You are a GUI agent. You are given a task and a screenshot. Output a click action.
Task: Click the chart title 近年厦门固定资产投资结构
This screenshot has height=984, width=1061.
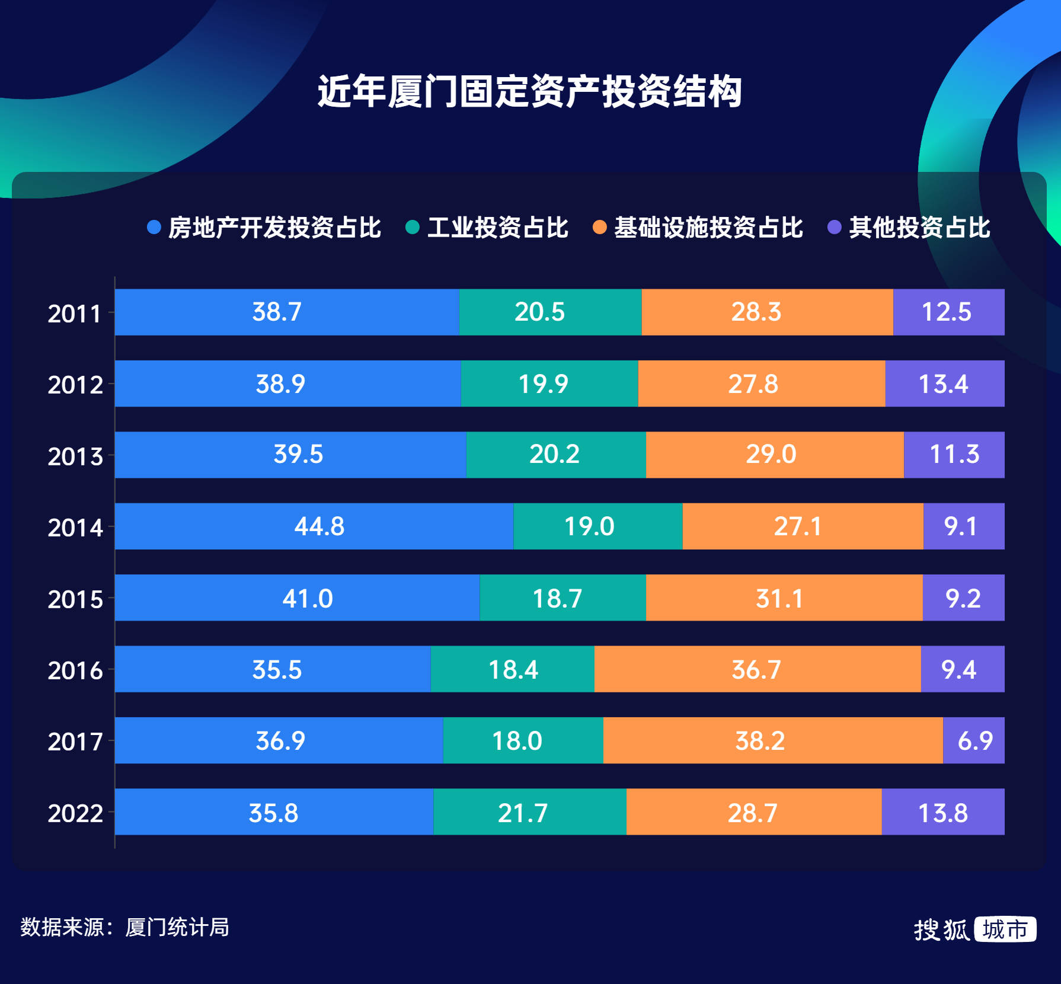click(529, 92)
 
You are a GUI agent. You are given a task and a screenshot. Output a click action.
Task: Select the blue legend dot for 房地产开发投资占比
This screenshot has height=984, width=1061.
click(154, 228)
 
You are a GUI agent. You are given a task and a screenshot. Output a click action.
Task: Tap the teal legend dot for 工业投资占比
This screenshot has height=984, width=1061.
click(413, 228)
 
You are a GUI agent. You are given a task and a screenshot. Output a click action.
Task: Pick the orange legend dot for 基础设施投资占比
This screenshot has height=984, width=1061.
click(599, 228)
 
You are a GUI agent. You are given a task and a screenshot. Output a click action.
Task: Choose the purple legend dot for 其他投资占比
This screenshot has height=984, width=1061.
click(834, 228)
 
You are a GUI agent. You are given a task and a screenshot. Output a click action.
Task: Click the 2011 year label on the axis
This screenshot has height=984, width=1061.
click(75, 314)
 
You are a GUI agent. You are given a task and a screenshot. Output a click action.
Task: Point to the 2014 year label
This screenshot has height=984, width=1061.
click(75, 528)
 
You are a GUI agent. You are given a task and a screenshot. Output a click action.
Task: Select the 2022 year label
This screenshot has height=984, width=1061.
click(75, 813)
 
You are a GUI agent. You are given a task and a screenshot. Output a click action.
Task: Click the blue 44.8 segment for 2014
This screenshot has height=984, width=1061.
click(314, 526)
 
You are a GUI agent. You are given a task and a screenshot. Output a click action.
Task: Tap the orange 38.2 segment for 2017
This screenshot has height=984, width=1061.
click(772, 740)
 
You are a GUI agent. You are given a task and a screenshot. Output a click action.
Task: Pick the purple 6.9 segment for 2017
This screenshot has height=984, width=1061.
click(974, 740)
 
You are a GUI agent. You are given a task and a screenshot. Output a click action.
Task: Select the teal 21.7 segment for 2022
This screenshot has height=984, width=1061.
click(529, 812)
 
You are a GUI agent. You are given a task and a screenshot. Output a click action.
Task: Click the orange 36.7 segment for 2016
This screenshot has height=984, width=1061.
click(757, 669)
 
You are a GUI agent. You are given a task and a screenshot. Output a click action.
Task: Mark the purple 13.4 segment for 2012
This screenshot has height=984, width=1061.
click(944, 384)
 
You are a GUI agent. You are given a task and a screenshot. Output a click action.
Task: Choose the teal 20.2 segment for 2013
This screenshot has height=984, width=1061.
click(555, 455)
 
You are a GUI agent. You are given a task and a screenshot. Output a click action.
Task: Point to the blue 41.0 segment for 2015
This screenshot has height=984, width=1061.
click(297, 598)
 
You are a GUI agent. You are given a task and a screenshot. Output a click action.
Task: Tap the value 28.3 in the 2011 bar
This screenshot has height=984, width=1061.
click(756, 312)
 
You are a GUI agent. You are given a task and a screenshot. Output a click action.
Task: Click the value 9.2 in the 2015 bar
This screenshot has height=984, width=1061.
click(963, 598)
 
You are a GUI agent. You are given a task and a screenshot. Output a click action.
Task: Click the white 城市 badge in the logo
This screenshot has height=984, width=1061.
click(1005, 929)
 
